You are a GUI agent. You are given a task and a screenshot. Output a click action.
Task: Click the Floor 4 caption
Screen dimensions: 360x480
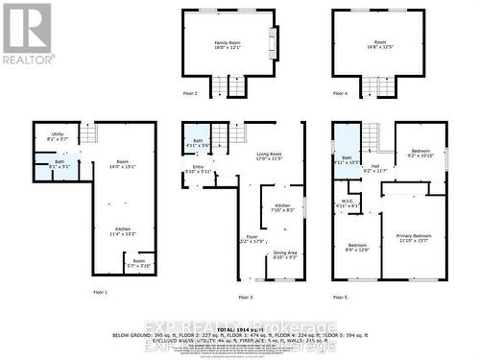click(x=340, y=93)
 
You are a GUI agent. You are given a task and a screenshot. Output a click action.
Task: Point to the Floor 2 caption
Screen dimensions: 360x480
click(x=189, y=93)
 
